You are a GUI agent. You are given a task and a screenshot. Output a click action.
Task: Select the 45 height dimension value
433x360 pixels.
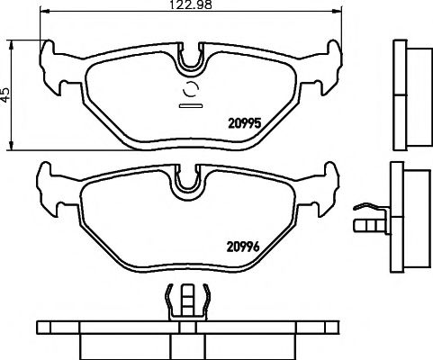(x=6, y=94)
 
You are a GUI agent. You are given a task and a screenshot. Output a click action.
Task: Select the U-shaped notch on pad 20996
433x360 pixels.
(x=188, y=181)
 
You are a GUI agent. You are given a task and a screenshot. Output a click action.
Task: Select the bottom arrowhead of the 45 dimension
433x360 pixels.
(x=12, y=146)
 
